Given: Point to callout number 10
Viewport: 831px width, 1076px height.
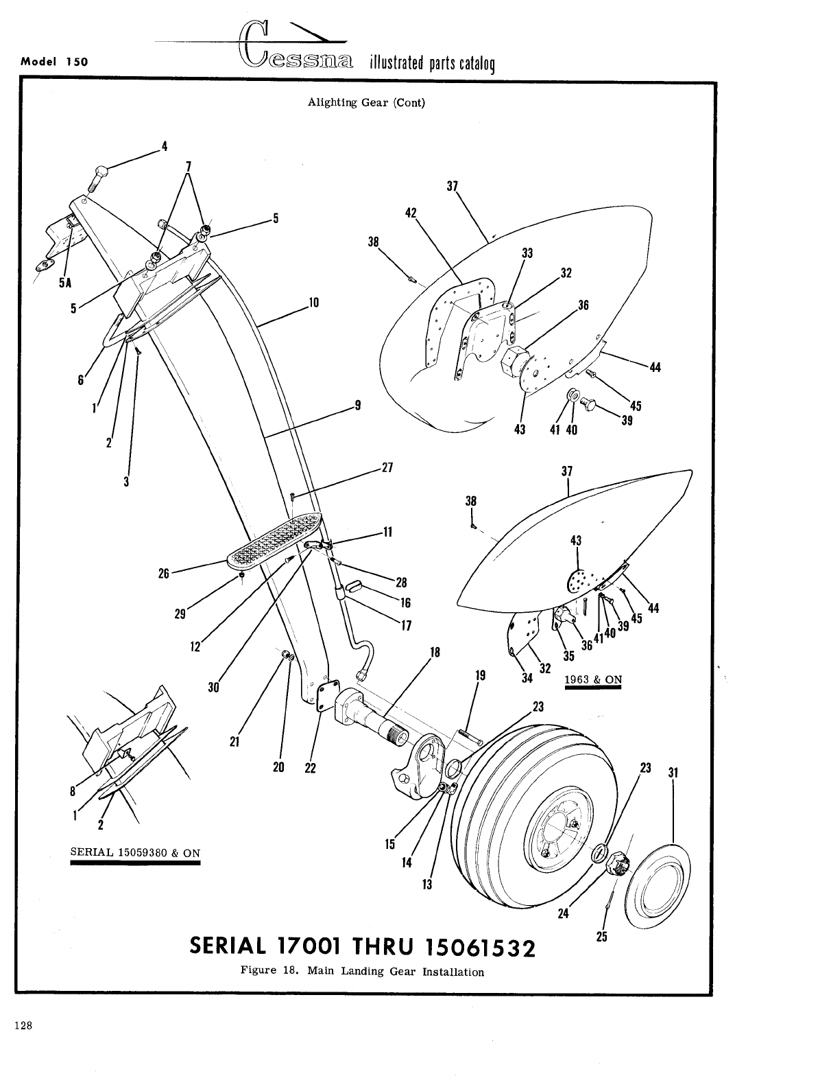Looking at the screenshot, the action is pos(315,302).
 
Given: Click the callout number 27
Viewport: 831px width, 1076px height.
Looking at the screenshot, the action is pos(387,468).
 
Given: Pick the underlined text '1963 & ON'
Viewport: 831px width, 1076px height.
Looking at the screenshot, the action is pos(592,680).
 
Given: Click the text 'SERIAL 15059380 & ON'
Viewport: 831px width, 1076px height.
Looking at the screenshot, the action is pos(135,853).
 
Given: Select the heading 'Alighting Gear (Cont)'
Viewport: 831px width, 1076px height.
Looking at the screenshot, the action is pos(366,103).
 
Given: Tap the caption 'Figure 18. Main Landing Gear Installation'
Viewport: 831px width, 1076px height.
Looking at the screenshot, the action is pos(362,972).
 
